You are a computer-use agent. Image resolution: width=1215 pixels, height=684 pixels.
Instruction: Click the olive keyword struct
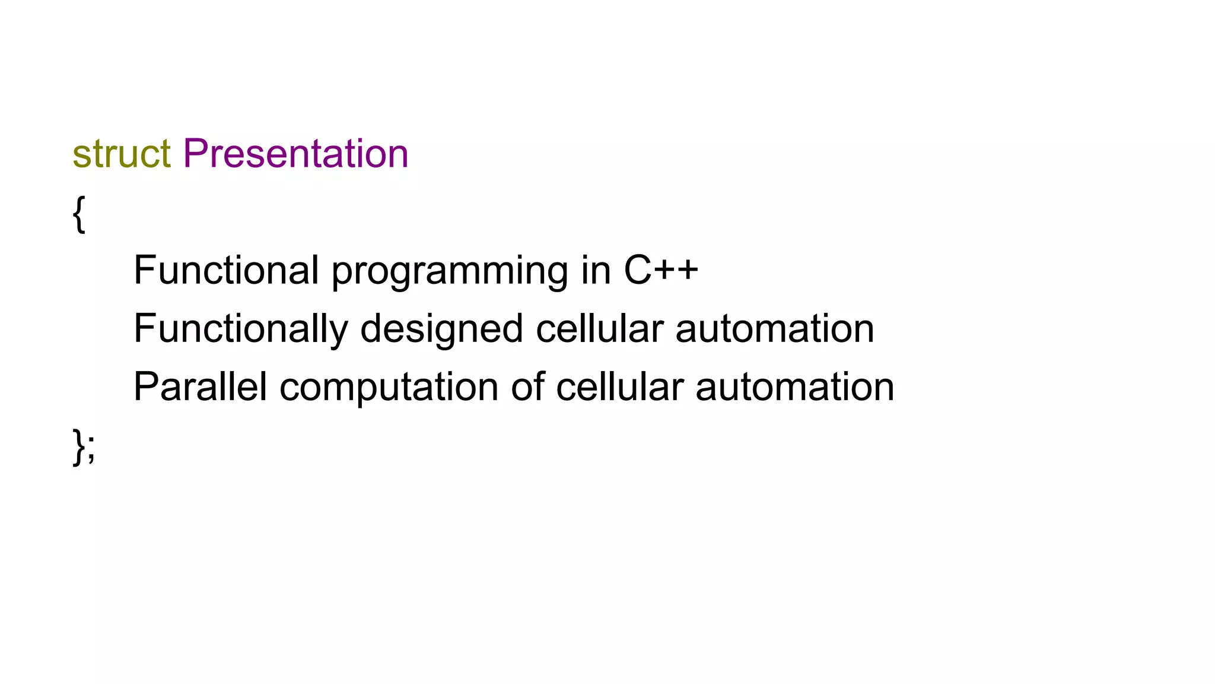pos(122,154)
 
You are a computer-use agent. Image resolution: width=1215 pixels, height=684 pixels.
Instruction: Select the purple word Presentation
pos(295,154)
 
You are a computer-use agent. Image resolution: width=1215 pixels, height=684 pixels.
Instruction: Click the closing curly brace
pos(78,446)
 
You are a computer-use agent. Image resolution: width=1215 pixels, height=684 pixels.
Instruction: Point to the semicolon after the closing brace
pos(91,451)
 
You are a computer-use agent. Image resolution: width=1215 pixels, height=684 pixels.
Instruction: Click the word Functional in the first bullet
pos(227,270)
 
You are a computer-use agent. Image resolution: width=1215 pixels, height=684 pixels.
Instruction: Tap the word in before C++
pos(596,270)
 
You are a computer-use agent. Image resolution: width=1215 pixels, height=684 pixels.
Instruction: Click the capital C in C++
pos(638,270)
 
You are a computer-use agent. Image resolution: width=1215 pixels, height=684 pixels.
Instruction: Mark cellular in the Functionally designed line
pos(599,328)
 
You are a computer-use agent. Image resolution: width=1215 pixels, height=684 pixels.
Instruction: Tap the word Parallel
pos(200,387)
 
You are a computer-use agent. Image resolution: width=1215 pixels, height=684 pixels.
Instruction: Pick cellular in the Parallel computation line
pos(620,387)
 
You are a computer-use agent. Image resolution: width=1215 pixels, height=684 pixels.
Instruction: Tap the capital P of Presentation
pos(196,153)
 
